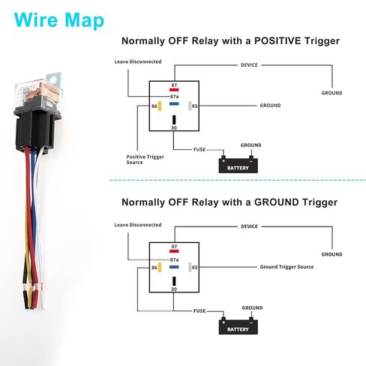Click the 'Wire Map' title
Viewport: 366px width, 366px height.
59,20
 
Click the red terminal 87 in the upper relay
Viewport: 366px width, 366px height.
174,90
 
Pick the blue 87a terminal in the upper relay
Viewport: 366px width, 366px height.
174,103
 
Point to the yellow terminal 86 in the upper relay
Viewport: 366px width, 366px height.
160,106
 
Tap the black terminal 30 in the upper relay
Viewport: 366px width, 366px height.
174,120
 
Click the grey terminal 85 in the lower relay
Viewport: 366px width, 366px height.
190,267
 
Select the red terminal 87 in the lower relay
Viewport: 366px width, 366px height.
174,251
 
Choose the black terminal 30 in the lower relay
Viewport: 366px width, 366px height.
174,281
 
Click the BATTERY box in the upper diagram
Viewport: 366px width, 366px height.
238,165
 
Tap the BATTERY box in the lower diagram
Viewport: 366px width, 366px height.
238,326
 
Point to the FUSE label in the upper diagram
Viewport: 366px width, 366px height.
199,149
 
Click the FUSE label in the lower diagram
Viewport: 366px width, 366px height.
199,310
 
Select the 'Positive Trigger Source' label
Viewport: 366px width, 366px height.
145,160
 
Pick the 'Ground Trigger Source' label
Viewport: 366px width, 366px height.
286,267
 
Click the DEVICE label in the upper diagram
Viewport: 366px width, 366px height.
249,65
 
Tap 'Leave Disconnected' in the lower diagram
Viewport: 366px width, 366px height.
138,225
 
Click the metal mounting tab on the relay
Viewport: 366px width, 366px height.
54,79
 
